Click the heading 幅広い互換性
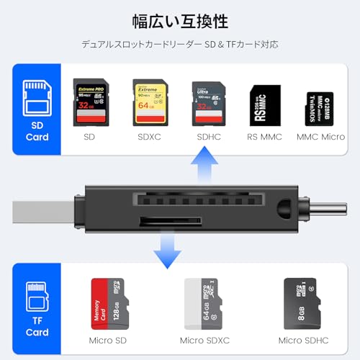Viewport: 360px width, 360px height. (179, 19)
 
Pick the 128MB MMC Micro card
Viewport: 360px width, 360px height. (319, 107)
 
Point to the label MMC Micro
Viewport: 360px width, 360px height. (319, 137)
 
